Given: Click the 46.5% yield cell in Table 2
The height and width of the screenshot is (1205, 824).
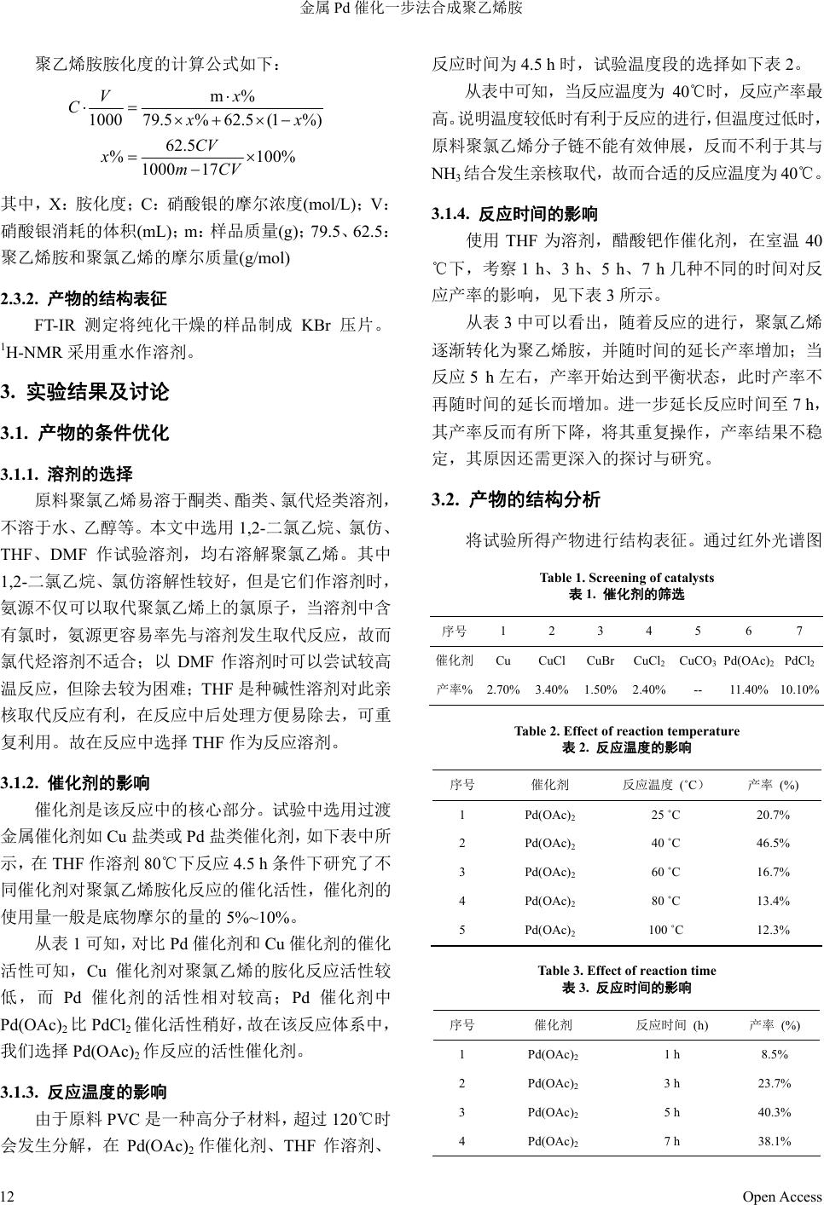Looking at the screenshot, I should point(773,844).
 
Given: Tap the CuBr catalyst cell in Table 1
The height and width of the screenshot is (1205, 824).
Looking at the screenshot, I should point(601,660).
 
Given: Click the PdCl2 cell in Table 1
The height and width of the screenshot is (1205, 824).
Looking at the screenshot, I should point(799,660).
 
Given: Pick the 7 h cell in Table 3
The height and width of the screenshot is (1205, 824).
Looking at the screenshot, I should point(672,1141).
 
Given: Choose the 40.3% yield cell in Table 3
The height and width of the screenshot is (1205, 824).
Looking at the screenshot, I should point(775,1112).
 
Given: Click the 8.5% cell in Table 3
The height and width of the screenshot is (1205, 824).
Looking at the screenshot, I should point(775,1054).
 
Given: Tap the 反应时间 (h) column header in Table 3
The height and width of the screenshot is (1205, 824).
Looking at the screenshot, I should point(672,1025).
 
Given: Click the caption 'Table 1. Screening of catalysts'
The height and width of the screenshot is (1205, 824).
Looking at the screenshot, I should point(627,578).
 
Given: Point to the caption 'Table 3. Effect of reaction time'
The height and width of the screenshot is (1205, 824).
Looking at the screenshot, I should point(627,971).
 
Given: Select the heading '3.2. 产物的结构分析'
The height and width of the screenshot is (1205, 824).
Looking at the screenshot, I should point(516,499).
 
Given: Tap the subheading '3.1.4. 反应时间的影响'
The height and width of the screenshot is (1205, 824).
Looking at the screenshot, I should point(514,214).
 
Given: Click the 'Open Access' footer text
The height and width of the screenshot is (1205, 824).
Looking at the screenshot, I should point(781,1196).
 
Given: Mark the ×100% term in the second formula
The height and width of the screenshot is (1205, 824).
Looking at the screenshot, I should point(270,158).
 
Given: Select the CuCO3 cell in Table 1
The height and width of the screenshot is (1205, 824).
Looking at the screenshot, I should point(698,660).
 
